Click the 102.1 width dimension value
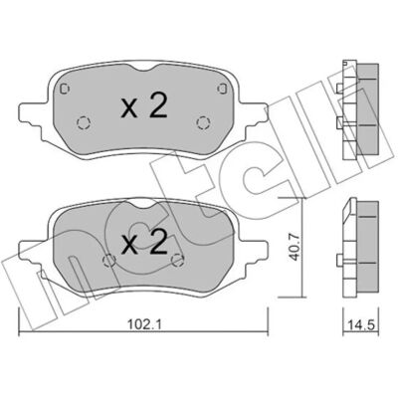pos(144,324)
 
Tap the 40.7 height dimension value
pos(296,247)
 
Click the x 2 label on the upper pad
pos(143,105)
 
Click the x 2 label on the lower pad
pos(144,243)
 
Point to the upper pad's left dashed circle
pos(83,123)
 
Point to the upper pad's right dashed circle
pos(202,123)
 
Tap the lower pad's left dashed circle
pos(109,261)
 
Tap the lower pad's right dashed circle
pos(177,261)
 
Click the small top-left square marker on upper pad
pos(65,89)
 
